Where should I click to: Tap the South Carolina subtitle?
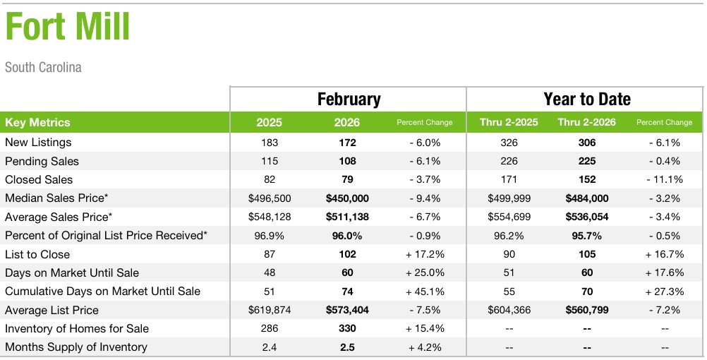point(43,68)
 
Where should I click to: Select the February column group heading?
point(349,100)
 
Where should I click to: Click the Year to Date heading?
point(586,100)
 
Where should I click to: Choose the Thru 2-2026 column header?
point(586,122)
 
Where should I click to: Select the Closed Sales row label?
point(39,179)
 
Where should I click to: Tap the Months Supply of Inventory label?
point(76,347)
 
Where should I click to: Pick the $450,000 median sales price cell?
point(347,198)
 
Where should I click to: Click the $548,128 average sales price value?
point(269,217)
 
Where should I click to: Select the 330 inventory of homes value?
point(347,328)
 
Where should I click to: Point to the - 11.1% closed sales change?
point(664,179)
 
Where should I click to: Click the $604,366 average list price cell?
point(509,310)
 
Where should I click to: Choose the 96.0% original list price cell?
point(347,236)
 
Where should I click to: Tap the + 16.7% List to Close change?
point(664,254)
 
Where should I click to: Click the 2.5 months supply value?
point(347,347)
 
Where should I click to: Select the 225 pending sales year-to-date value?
point(586,161)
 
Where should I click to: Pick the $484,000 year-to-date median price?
point(586,198)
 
